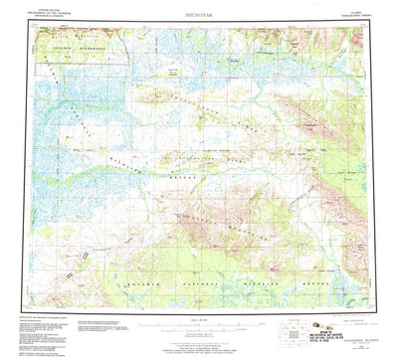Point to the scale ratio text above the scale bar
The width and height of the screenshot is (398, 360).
point(199,317)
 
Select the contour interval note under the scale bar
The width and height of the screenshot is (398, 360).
point(199,336)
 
